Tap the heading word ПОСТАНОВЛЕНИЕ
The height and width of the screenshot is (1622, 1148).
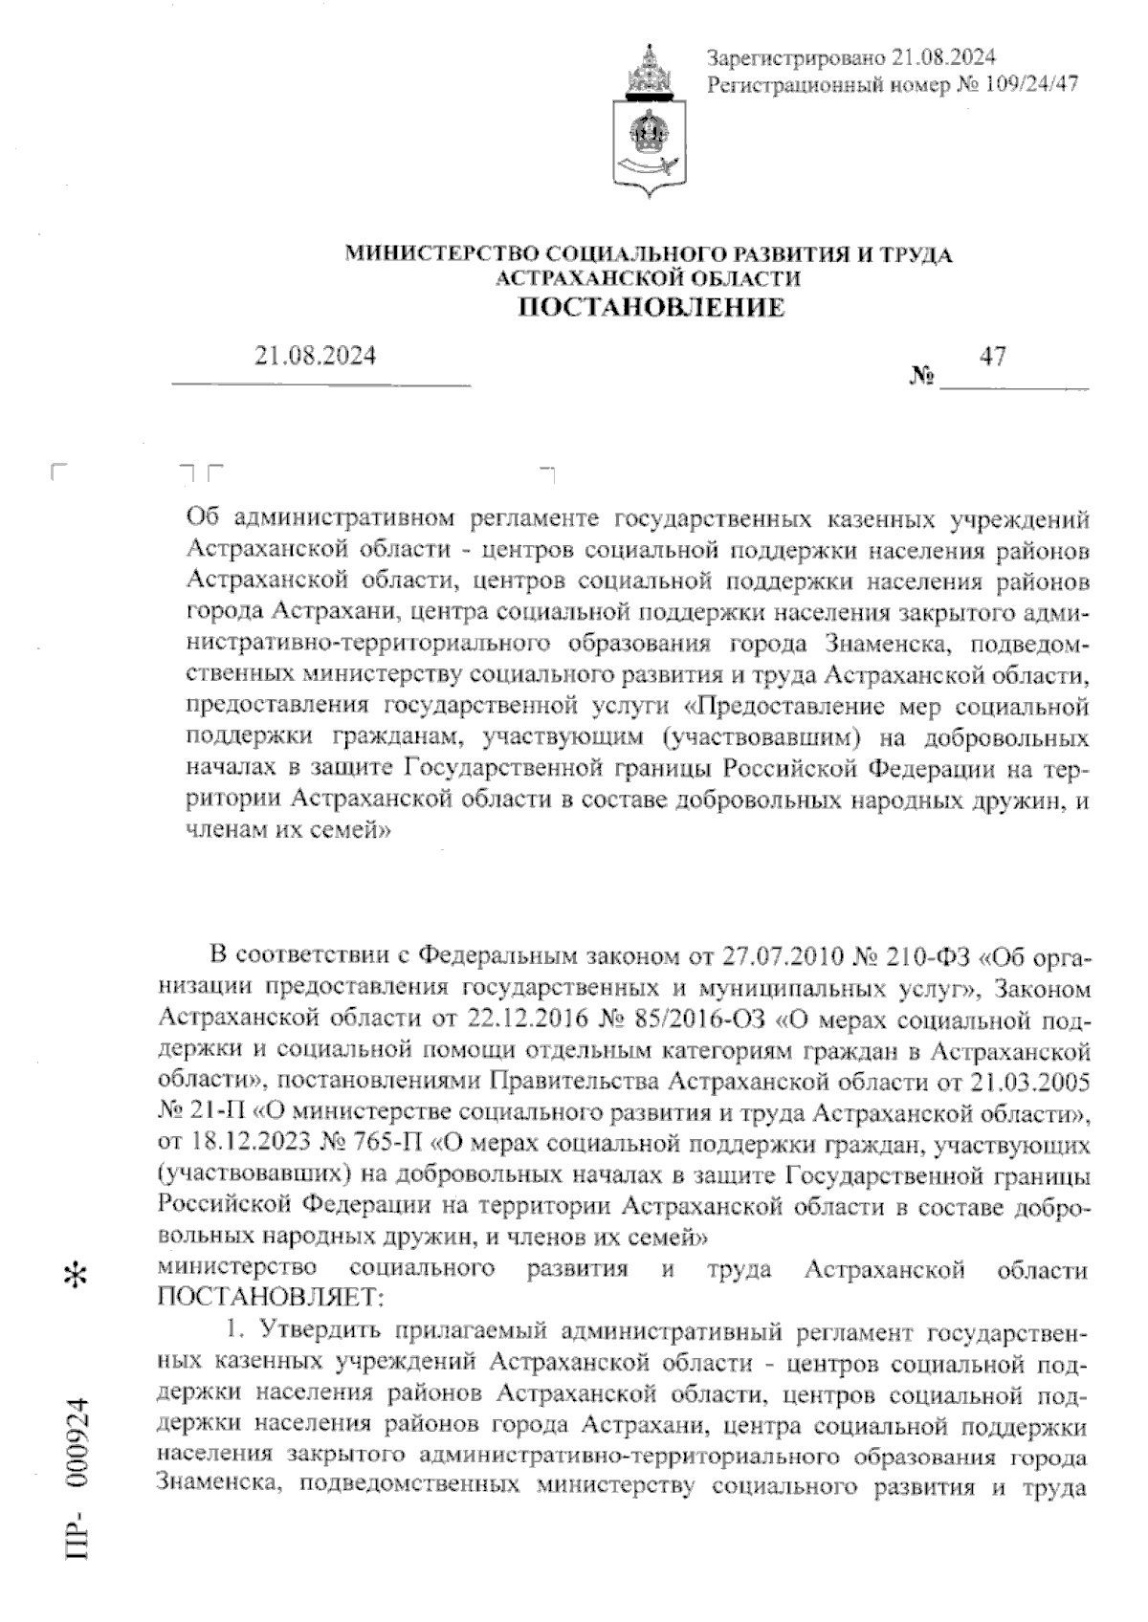point(651,307)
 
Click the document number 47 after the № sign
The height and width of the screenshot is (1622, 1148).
point(993,356)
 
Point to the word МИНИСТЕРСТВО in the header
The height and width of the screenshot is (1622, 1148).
point(442,254)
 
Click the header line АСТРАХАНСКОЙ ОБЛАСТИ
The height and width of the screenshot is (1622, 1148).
point(649,278)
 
